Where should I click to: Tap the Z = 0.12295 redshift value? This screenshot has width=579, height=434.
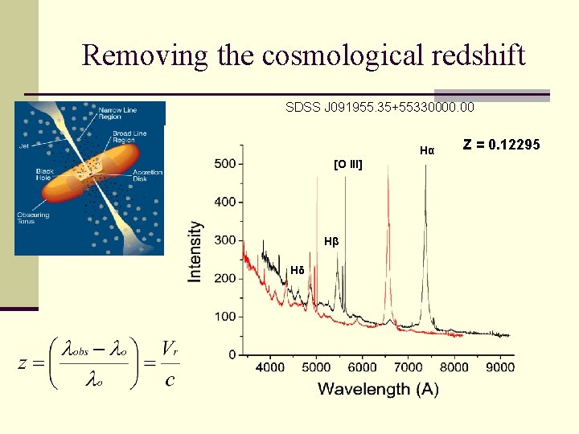[x=502, y=144]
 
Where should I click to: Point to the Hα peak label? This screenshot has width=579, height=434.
[x=427, y=150]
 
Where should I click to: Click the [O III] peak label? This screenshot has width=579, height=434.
[x=347, y=165]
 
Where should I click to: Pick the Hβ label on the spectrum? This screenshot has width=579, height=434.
[x=331, y=241]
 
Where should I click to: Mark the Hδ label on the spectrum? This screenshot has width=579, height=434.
[x=298, y=270]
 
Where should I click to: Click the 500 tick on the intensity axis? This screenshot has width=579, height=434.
[x=225, y=164]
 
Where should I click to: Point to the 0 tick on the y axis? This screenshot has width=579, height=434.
[x=232, y=354]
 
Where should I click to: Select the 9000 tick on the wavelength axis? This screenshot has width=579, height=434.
[x=500, y=368]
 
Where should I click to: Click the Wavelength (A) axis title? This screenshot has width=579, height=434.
[x=377, y=389]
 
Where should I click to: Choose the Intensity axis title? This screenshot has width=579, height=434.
[x=195, y=251]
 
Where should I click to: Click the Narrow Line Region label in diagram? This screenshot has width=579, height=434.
[x=118, y=111]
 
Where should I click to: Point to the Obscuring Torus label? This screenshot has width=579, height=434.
[x=32, y=219]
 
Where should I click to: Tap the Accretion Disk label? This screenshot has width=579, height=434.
[x=148, y=174]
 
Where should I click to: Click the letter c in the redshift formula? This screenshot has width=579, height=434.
[x=170, y=379]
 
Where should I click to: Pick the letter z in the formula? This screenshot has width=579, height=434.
[x=24, y=363]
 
